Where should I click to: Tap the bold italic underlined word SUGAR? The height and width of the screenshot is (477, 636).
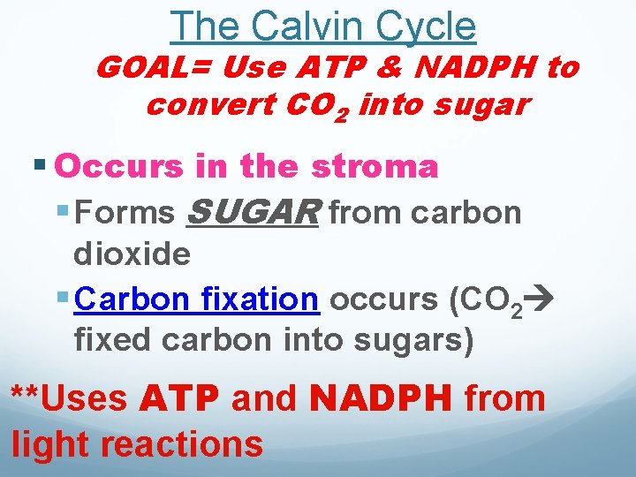click(x=253, y=212)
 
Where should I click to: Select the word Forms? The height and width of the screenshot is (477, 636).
click(x=125, y=213)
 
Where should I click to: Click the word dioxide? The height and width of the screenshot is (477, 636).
click(x=132, y=254)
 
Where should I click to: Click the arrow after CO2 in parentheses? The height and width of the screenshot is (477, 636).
click(x=538, y=301)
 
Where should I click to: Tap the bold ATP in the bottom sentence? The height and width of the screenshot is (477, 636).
click(x=179, y=398)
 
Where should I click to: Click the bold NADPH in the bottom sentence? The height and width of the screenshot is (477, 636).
click(x=382, y=398)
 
